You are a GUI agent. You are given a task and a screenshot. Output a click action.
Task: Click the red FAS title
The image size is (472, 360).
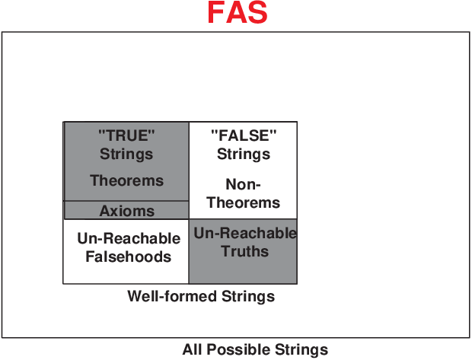coord(238,12)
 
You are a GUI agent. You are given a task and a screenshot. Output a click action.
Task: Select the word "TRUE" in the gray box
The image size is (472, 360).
coord(126,135)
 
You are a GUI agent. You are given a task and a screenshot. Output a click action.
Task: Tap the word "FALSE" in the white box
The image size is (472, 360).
coord(244,135)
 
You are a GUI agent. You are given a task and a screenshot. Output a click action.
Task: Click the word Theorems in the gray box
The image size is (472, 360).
coord(126,180)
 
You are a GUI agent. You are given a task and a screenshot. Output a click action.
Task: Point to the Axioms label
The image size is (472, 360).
coord(126,211)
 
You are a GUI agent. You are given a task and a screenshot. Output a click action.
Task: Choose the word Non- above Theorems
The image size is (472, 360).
coord(243,184)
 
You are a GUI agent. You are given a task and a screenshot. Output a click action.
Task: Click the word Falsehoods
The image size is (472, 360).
coord(129,256)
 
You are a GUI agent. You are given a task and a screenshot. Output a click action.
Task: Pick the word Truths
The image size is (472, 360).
coord(244,251)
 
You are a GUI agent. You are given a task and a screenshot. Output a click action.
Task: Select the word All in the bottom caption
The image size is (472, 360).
coord(193,350)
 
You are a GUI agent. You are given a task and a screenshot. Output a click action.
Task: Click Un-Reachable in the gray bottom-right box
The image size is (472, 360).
coord(245,233)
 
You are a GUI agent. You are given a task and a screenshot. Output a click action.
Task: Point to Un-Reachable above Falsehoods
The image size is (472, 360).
coord(129,238)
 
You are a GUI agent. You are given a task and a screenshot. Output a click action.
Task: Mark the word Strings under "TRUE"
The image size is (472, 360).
coord(126,154)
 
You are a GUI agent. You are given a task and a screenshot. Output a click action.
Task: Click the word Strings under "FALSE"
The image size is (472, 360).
coord(244,154)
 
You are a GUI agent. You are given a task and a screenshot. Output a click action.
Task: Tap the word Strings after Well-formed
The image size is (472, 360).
coord(248,297)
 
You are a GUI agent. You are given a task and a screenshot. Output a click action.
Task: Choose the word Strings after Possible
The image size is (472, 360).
coord(301,350)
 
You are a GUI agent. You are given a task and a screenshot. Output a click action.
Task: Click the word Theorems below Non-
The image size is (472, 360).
coord(243,202)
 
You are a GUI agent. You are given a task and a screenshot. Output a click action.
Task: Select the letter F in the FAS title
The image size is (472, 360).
coord(215,12)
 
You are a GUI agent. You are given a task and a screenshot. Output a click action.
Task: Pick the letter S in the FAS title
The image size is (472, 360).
coord(257,12)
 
